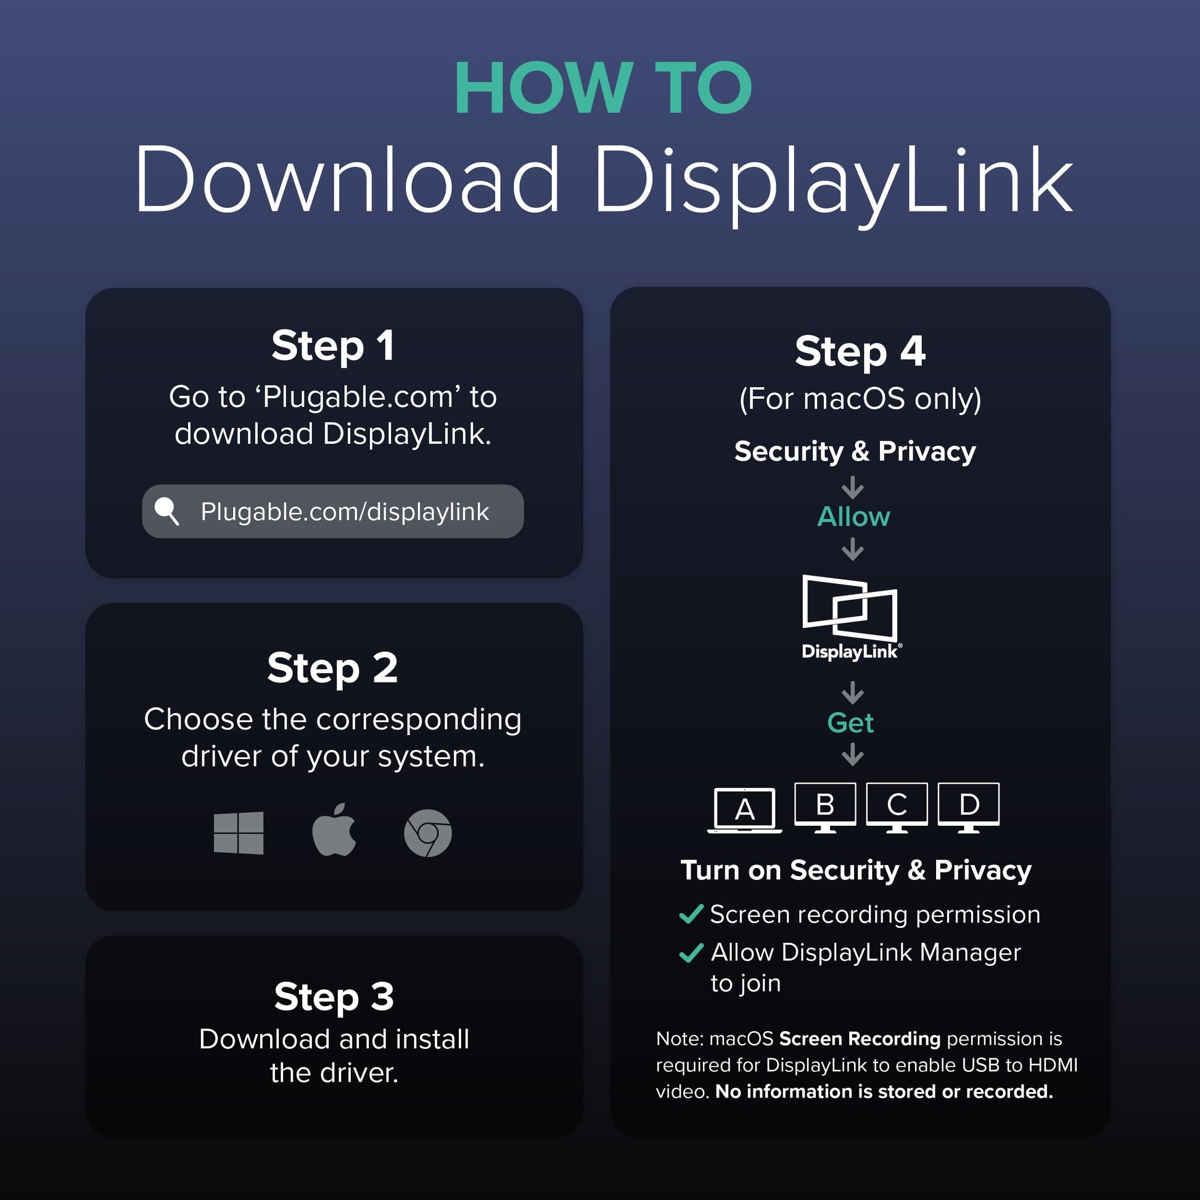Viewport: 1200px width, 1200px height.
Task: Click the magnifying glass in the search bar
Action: [x=166, y=511]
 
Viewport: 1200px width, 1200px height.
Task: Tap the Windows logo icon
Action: [x=239, y=833]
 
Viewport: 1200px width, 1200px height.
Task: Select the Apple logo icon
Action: [x=334, y=830]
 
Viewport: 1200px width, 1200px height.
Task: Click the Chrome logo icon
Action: [x=428, y=833]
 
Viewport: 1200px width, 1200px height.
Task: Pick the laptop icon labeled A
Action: [x=745, y=810]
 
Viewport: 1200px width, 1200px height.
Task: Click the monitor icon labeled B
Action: [x=825, y=807]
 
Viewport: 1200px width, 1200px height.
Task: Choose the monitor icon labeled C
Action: [x=897, y=807]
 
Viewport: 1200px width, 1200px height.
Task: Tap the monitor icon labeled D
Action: [x=969, y=807]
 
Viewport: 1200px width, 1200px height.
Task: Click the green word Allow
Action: [x=853, y=517]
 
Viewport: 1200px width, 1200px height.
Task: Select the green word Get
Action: [x=850, y=722]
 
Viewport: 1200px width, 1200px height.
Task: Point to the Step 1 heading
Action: [x=333, y=345]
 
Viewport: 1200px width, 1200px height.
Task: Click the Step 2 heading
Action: [x=333, y=668]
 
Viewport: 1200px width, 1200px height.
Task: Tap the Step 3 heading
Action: [x=334, y=997]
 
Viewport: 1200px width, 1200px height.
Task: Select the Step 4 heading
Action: [x=860, y=351]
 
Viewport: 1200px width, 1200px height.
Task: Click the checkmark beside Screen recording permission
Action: [x=691, y=914]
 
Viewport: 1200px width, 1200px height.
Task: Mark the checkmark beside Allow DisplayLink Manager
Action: [x=691, y=953]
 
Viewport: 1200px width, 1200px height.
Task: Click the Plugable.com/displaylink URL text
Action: [x=345, y=512]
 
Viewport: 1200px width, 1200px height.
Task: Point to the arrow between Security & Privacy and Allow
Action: [x=853, y=488]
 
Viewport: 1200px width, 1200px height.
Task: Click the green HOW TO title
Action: [x=604, y=88]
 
